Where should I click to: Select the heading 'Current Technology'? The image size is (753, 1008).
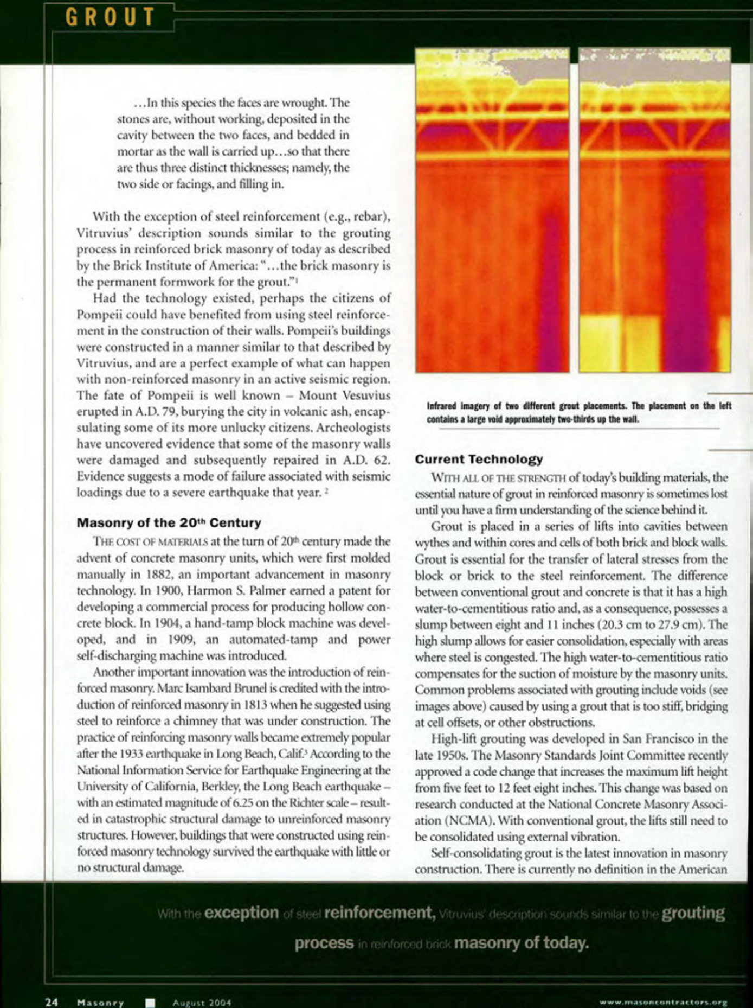479,460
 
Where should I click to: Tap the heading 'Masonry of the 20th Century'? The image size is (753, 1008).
169,523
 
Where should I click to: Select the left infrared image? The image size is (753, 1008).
492,210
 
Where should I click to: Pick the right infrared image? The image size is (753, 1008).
654,210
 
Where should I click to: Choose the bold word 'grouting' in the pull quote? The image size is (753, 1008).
693,913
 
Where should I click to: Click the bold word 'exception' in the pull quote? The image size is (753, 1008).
242,913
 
